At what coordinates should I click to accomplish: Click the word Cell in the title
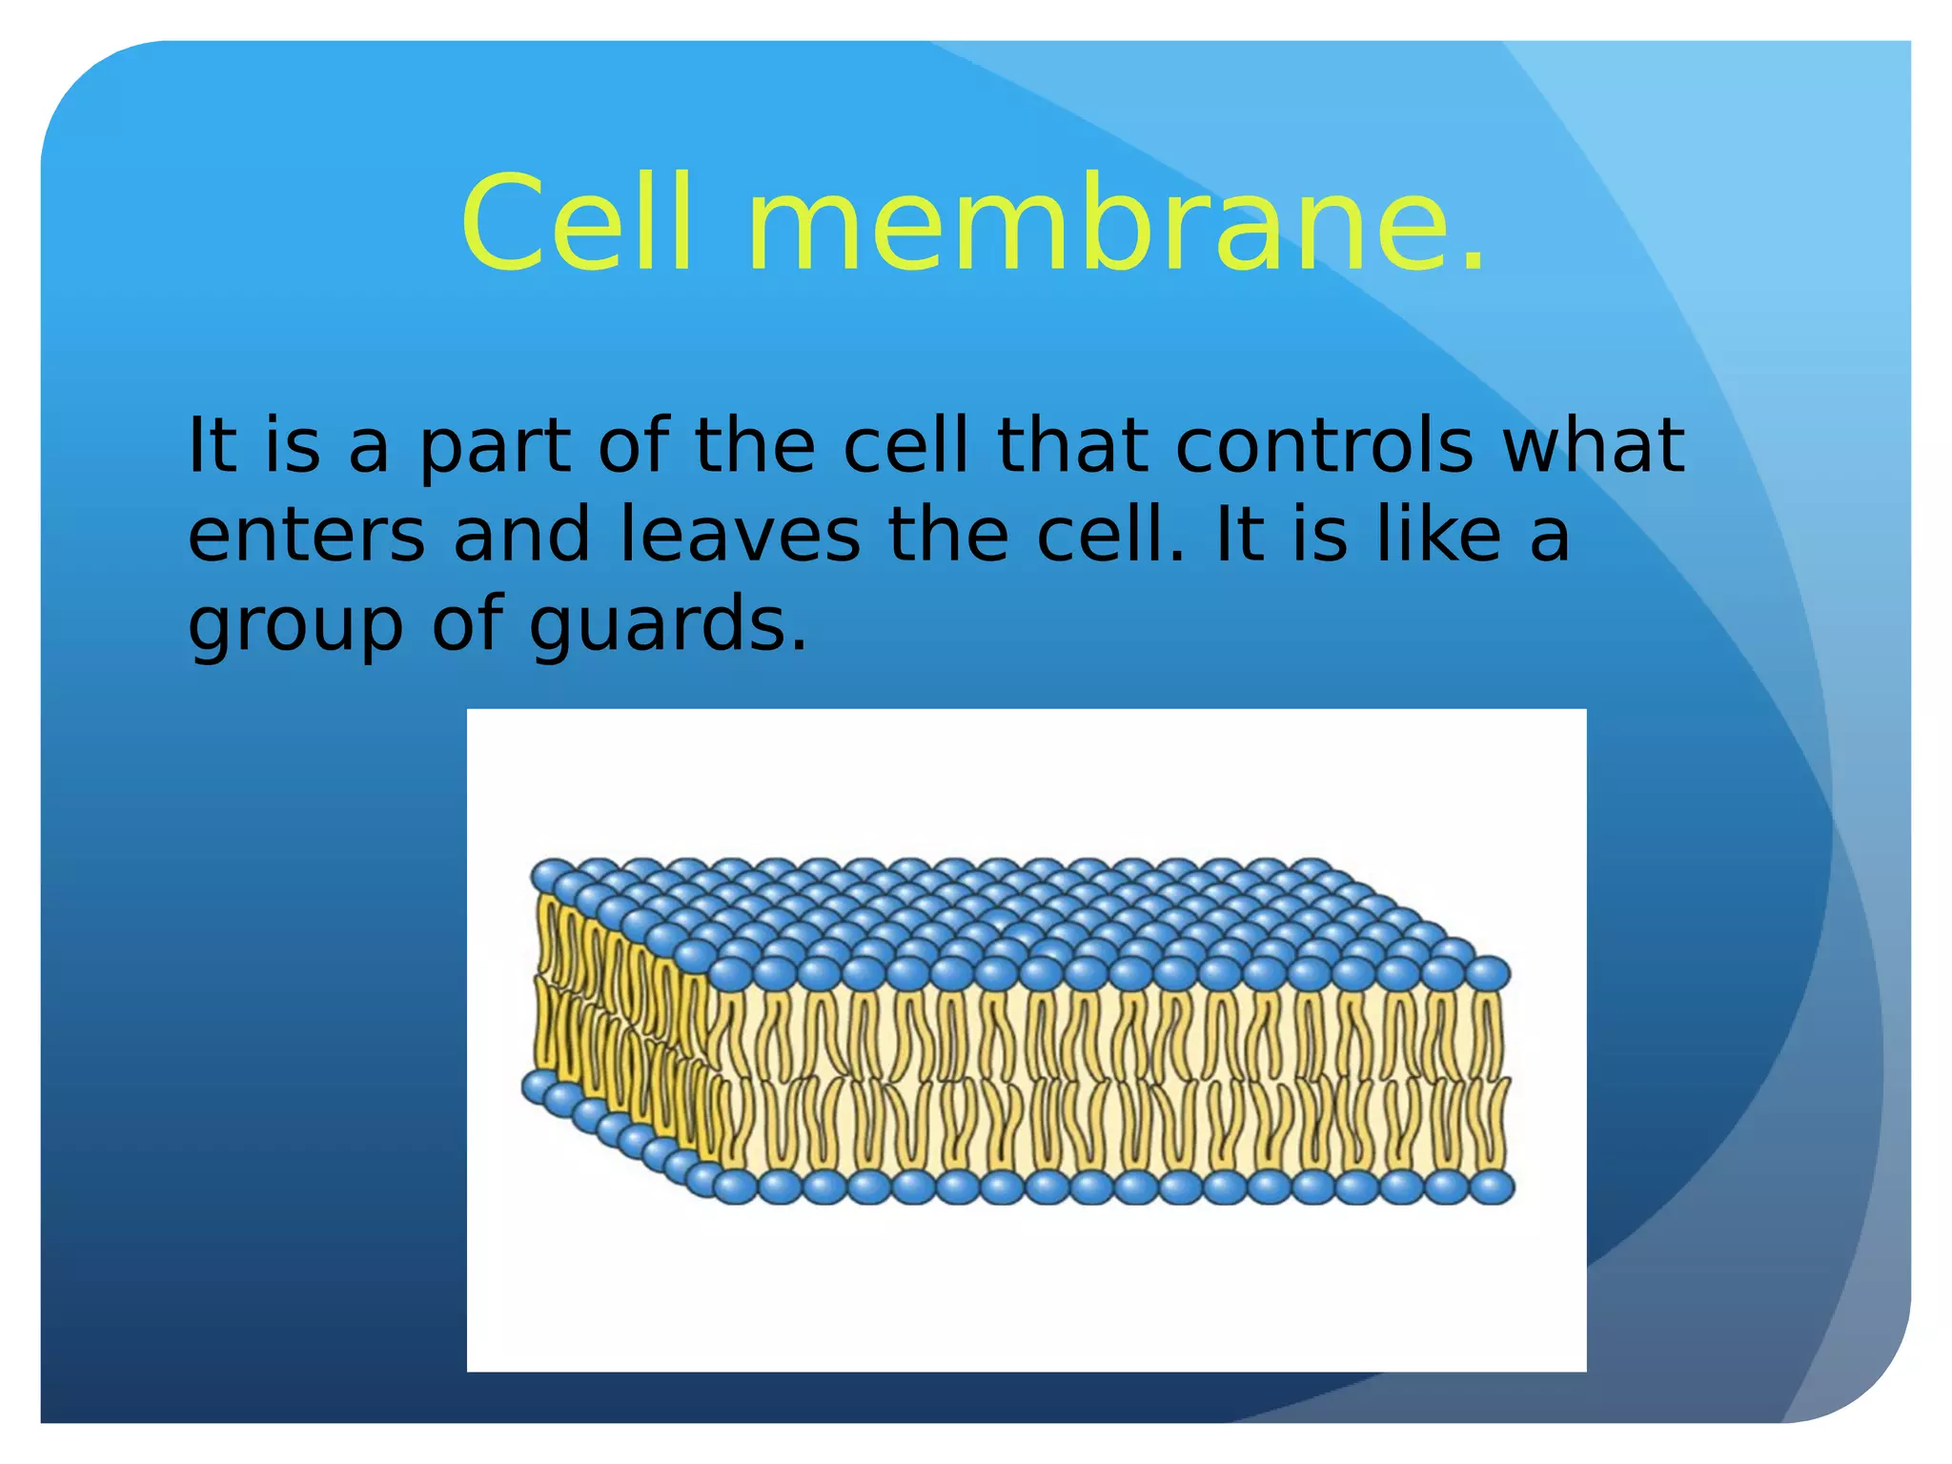tap(576, 224)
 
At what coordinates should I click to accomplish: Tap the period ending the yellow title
tap(1473, 262)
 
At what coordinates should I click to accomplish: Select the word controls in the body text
tap(1324, 445)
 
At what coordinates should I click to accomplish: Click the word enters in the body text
tap(306, 535)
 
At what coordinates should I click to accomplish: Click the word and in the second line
tap(521, 535)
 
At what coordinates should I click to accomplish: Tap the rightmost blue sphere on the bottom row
tap(1492, 1188)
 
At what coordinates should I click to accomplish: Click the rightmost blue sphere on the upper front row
tap(1487, 973)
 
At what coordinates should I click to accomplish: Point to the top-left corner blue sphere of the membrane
tap(550, 874)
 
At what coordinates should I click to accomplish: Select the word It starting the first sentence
tap(212, 445)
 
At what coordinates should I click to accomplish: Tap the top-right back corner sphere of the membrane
tap(1312, 869)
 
